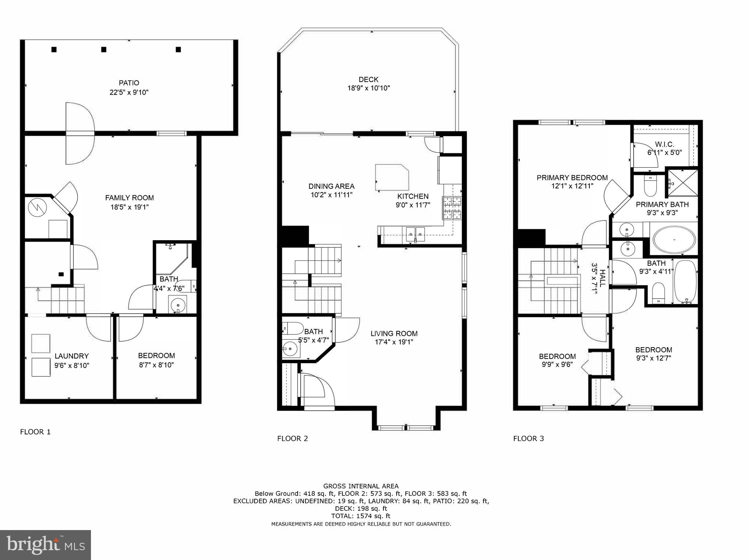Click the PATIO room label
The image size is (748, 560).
click(129, 83)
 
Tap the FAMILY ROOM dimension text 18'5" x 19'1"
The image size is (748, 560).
click(129, 207)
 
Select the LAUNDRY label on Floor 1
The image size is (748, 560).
click(72, 356)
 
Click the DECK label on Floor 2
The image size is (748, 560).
click(368, 79)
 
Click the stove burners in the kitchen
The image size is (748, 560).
click(452, 208)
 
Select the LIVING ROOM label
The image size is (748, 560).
click(394, 333)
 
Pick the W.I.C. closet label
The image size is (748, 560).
click(664, 144)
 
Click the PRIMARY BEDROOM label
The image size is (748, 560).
click(572, 178)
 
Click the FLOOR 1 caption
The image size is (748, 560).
click(35, 432)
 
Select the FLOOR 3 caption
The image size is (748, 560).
click(528, 438)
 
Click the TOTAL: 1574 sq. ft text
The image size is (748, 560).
click(360, 516)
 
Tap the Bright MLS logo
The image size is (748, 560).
click(45, 545)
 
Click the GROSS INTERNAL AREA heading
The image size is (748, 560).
click(360, 486)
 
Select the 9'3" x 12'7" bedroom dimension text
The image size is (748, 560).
click(653, 358)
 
